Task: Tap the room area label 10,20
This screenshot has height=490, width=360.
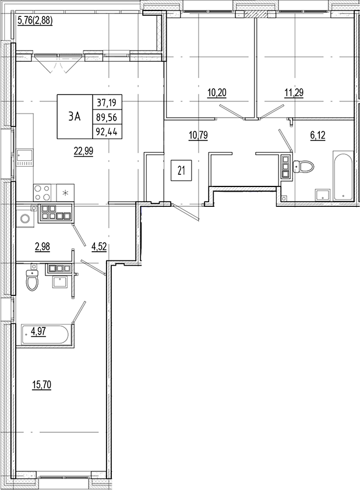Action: click(216, 91)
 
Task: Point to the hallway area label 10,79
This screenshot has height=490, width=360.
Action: click(198, 135)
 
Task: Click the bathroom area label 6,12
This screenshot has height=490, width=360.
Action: click(318, 135)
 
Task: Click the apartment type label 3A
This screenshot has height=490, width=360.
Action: click(74, 117)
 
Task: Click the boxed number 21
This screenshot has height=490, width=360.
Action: click(181, 171)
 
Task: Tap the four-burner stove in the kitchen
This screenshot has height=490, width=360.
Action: click(41, 192)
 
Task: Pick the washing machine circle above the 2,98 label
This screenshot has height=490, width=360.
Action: click(24, 218)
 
